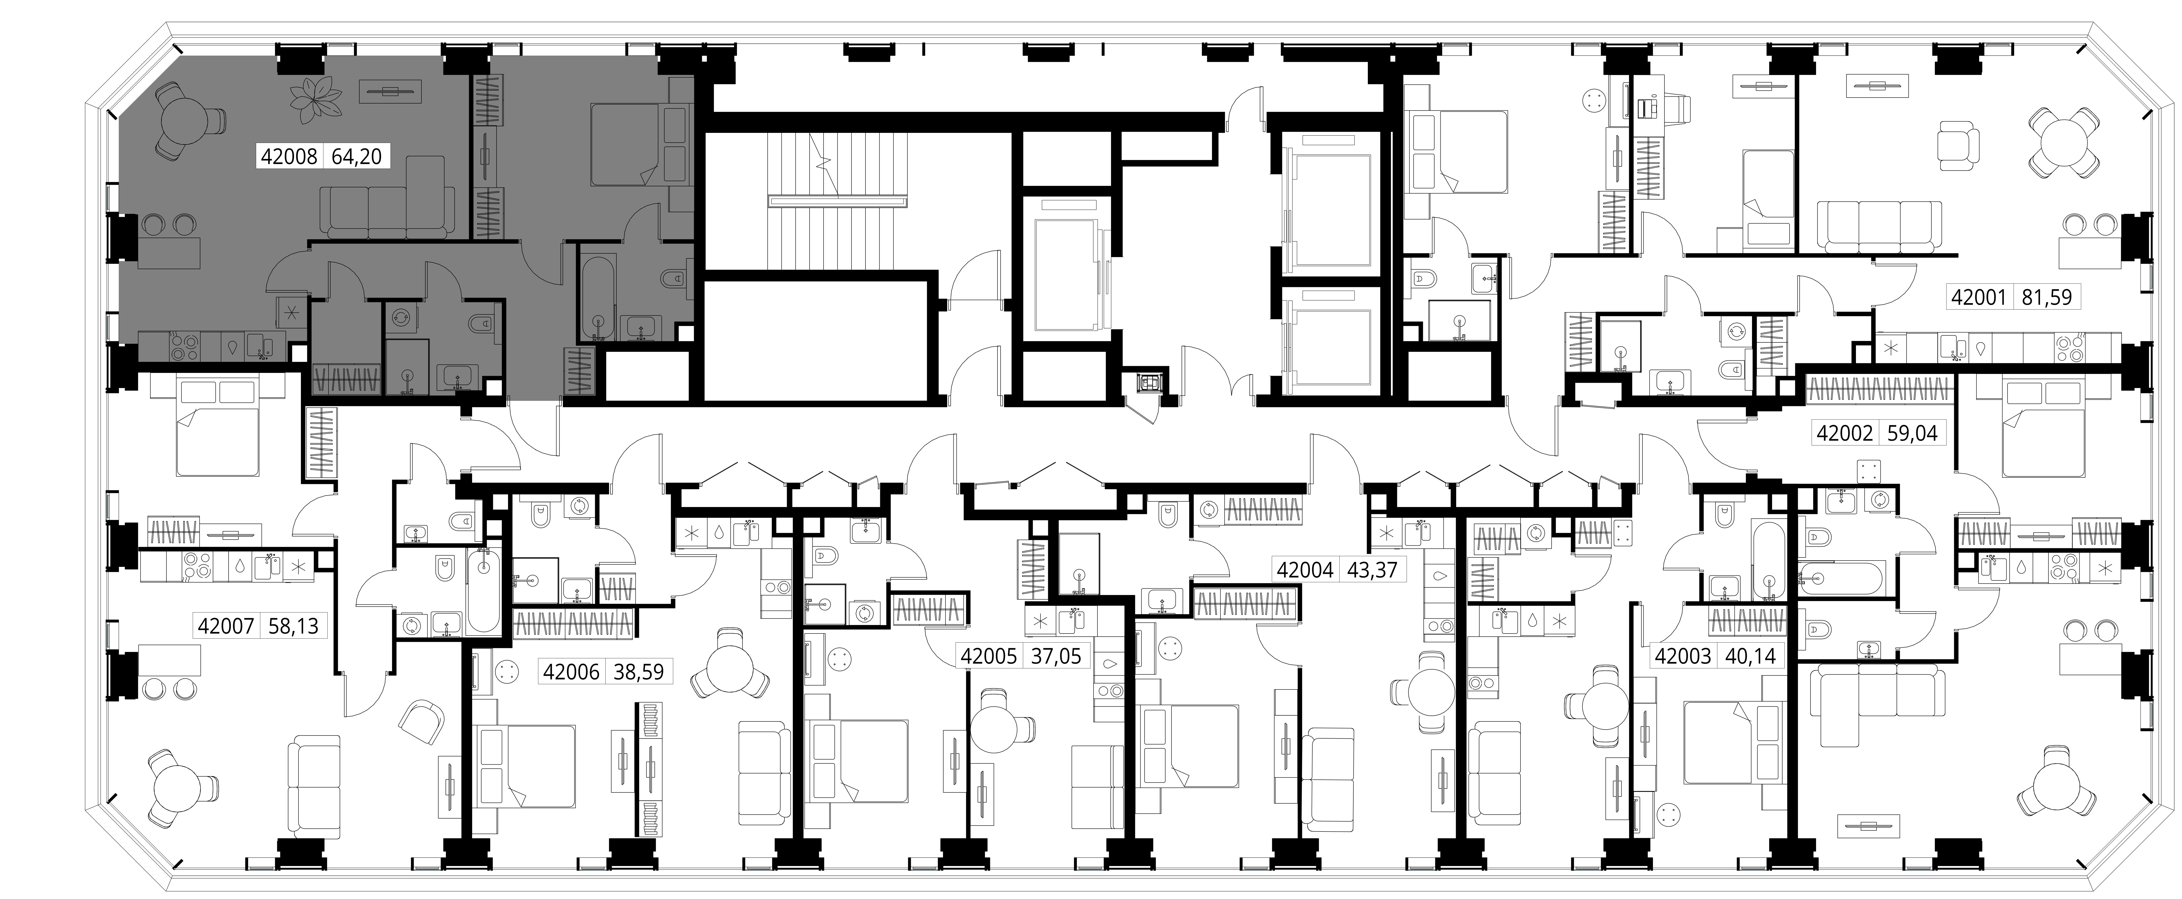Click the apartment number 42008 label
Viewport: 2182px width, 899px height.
coord(289,157)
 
